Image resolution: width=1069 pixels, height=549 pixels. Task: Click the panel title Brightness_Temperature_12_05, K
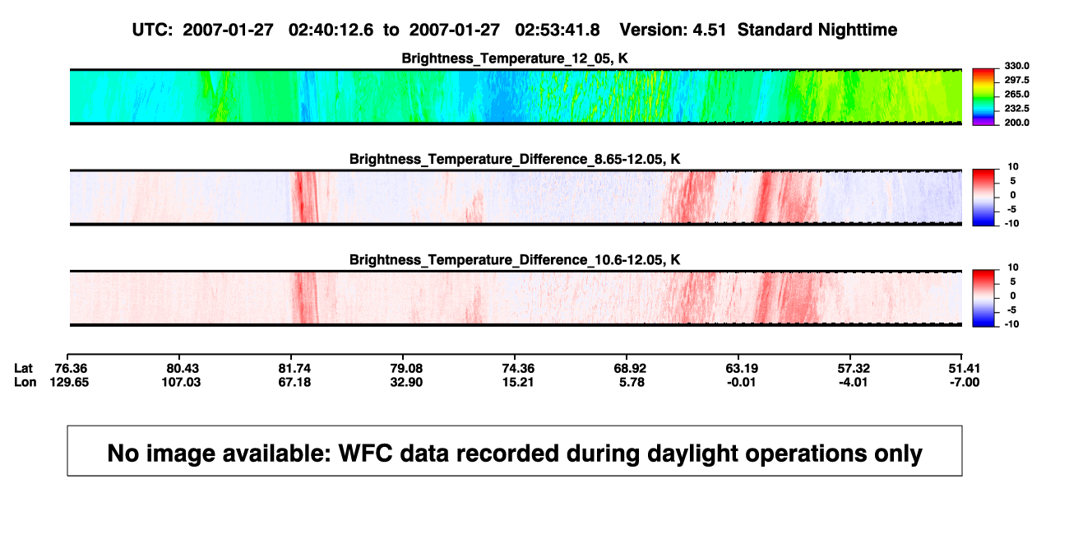tap(515, 58)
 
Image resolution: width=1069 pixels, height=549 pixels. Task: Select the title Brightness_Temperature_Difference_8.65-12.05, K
tap(515, 159)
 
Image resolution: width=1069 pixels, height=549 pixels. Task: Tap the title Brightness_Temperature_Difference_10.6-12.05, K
tap(515, 260)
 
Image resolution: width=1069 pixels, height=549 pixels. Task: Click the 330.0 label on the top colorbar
tap(1016, 66)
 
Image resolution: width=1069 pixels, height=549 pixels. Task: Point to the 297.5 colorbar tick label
tap(1016, 80)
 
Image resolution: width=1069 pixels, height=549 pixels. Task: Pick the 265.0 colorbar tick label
tap(1016, 94)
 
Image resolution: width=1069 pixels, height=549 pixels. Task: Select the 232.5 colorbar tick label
tap(1016, 109)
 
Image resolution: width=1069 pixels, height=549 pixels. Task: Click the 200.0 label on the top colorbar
tap(1016, 123)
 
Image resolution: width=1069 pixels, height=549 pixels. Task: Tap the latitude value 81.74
tap(294, 369)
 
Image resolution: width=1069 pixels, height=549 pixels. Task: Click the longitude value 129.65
tap(69, 382)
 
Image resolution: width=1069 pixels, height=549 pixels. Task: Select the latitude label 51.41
tap(964, 369)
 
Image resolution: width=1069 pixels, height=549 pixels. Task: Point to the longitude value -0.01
tap(741, 382)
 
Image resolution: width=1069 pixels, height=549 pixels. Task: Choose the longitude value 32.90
tap(406, 382)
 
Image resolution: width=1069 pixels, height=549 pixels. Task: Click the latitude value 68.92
tap(629, 369)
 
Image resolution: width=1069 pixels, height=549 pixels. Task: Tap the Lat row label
tap(23, 369)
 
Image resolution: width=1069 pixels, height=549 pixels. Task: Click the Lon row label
tap(25, 382)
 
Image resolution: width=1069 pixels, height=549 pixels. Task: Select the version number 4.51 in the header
tap(709, 30)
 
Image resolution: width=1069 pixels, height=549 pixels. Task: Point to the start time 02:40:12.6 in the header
tap(331, 30)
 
